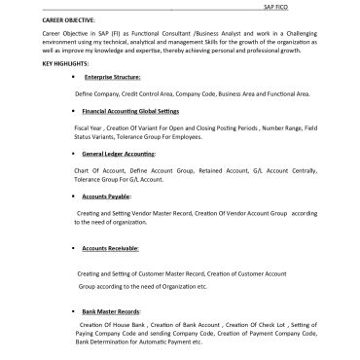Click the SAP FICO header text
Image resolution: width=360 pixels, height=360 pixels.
coord(276,5)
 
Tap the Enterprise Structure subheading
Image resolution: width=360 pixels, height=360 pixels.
coord(113,76)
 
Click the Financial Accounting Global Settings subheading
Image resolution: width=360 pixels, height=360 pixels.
coord(132,112)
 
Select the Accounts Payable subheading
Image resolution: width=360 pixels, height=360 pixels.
coord(106,196)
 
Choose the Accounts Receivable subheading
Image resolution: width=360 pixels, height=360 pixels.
coord(110,249)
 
